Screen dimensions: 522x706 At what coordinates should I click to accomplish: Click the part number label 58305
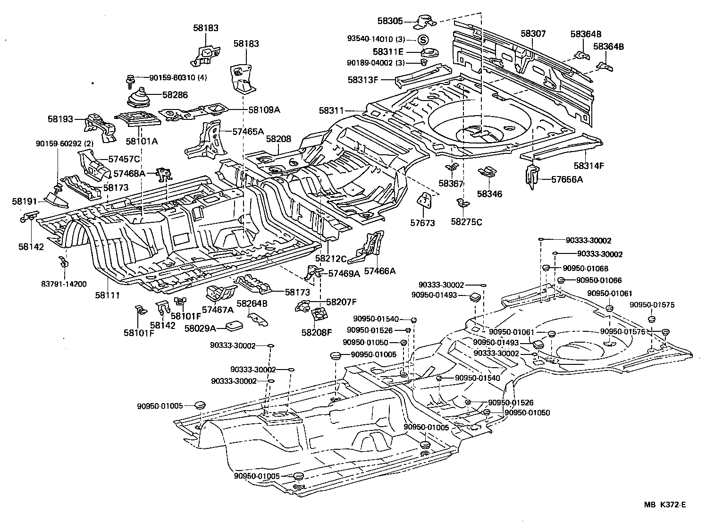point(390,21)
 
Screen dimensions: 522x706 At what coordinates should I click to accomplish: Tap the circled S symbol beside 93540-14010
point(423,39)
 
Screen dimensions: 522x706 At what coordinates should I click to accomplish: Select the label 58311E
point(388,52)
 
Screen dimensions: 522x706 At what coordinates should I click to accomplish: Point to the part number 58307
point(533,34)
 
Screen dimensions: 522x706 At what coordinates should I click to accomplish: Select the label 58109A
point(264,109)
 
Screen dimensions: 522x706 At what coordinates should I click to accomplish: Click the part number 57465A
point(248,132)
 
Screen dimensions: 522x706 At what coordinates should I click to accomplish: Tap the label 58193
point(60,119)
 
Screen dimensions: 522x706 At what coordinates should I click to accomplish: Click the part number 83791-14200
point(64,284)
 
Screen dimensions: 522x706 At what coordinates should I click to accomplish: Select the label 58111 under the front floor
point(108,295)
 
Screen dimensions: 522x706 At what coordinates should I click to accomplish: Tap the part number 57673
point(422,223)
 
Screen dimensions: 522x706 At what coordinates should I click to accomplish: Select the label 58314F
point(589,166)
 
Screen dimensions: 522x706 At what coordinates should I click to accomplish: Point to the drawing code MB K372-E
point(664,505)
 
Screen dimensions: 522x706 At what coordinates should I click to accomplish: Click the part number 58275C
point(466,222)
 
